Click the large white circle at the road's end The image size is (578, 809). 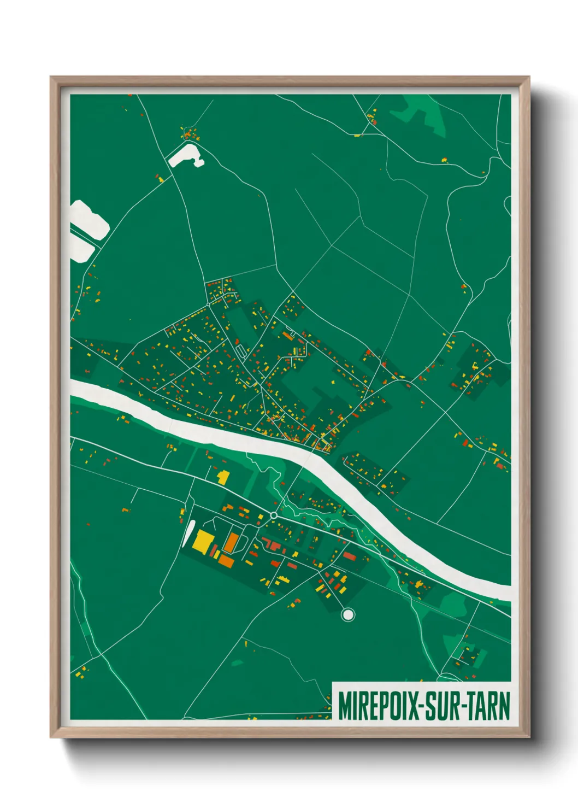click(347, 615)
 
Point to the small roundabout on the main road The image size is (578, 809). click(274, 515)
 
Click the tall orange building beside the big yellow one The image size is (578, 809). click(231, 542)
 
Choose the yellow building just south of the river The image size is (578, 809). click(222, 477)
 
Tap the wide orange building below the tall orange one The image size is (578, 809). click(226, 561)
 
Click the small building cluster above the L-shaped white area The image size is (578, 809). click(190, 133)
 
